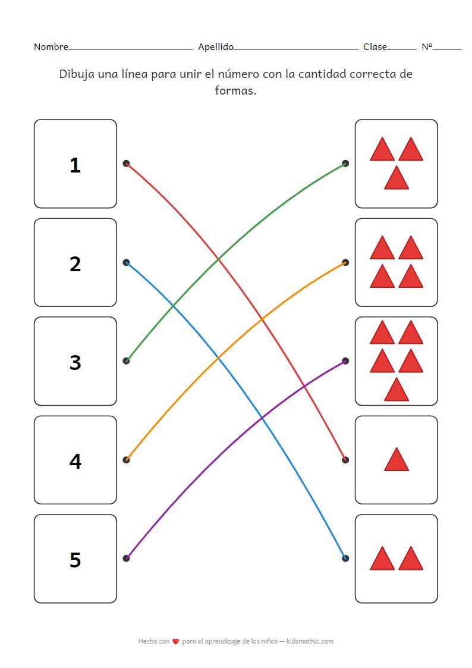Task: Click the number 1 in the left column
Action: [x=75, y=165]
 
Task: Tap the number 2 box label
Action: [x=75, y=264]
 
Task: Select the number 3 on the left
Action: [x=75, y=362]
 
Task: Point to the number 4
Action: [x=75, y=461]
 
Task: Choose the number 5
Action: [x=75, y=560]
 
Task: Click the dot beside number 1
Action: [x=126, y=163]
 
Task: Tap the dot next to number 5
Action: [x=126, y=558]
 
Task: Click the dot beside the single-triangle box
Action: [x=345, y=460]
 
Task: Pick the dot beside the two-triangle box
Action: [x=345, y=558]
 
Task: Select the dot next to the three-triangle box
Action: [x=345, y=163]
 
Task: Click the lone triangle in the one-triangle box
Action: [x=397, y=460]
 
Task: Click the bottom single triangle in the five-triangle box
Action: [x=397, y=390]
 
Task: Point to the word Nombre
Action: [x=51, y=47]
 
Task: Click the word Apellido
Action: [x=216, y=47]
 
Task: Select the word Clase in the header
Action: [x=375, y=47]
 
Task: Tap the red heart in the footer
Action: [x=175, y=642]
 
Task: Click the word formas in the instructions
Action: [x=235, y=92]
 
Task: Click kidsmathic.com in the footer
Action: [x=310, y=641]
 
